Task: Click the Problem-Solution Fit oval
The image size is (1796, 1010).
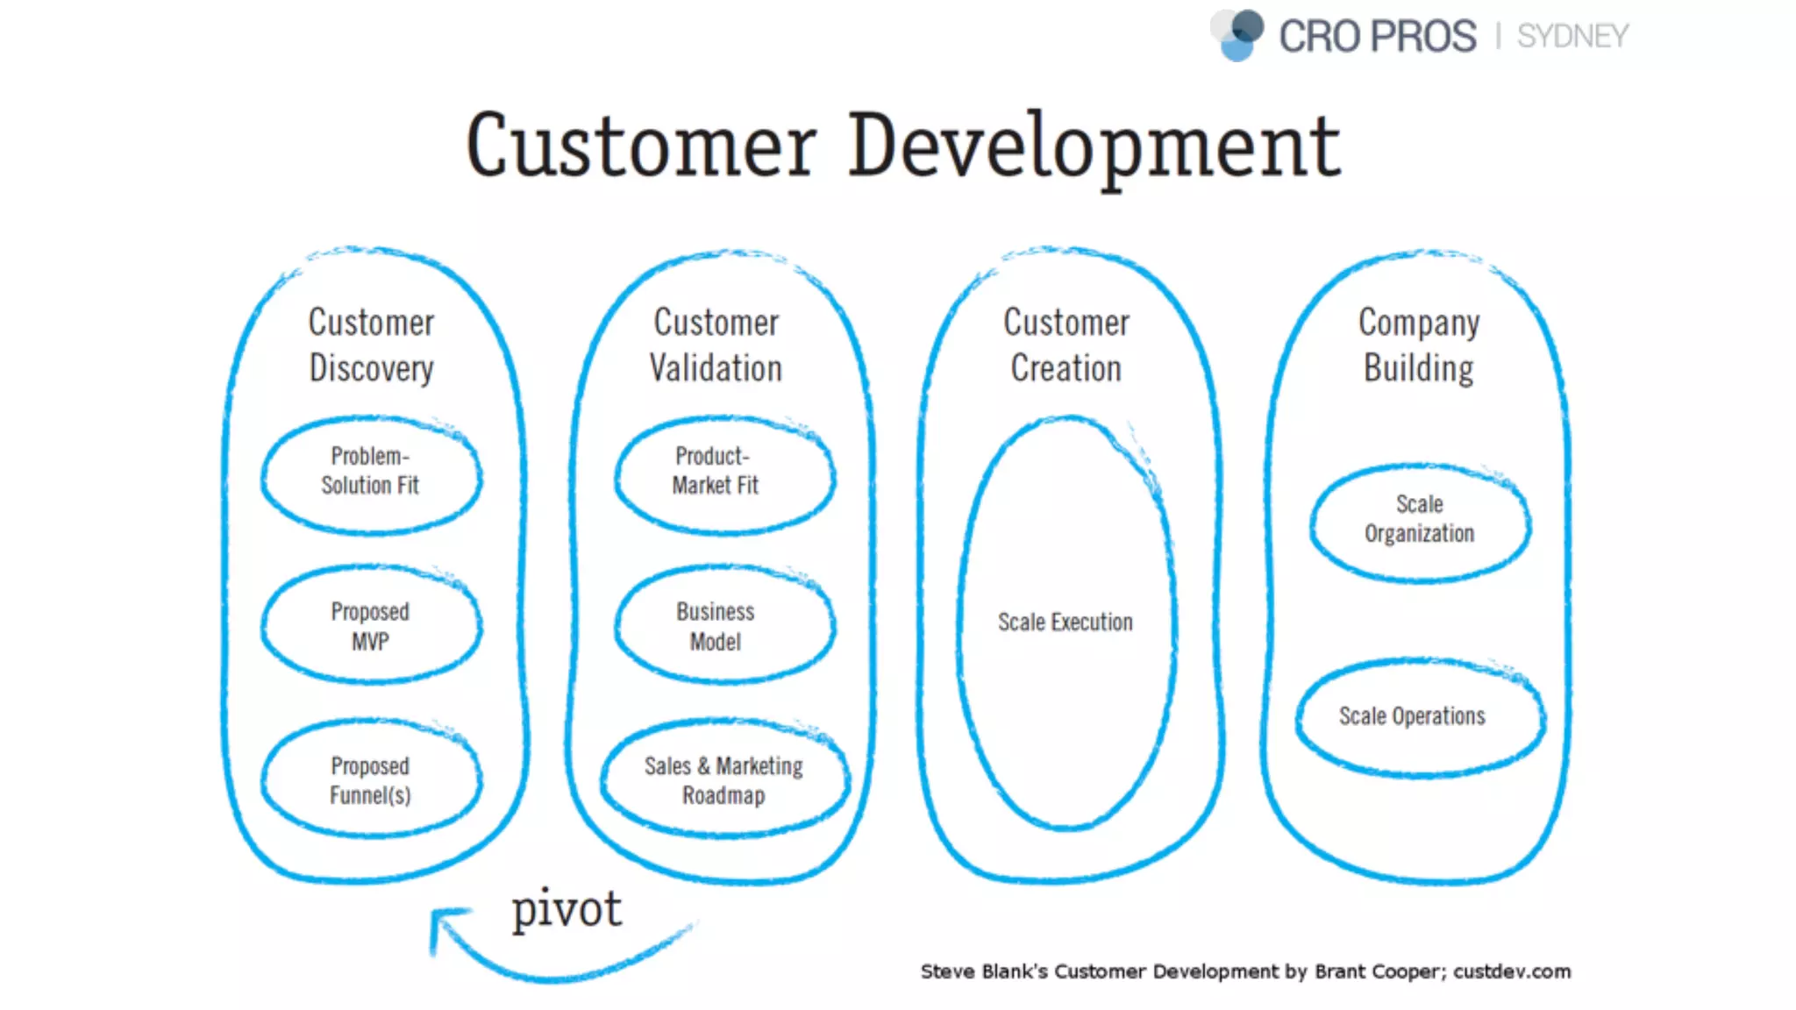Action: (371, 473)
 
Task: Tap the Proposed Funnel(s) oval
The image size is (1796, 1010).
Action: (371, 779)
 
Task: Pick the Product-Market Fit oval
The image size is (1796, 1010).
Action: (716, 473)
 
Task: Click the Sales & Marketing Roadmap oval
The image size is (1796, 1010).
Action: (723, 779)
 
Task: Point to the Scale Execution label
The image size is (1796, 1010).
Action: (1065, 622)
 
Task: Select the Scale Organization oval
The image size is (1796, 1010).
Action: (1419, 520)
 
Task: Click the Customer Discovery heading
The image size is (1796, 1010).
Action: (372, 345)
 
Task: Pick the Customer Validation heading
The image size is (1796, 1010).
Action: (716, 345)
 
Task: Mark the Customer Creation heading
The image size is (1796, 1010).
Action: (1066, 345)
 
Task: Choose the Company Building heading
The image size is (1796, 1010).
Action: (1419, 345)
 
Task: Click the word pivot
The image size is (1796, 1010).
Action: (567, 909)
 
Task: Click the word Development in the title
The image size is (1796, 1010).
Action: (1094, 146)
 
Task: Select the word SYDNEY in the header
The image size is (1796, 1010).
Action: (1572, 37)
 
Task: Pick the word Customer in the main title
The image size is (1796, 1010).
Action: (641, 146)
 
